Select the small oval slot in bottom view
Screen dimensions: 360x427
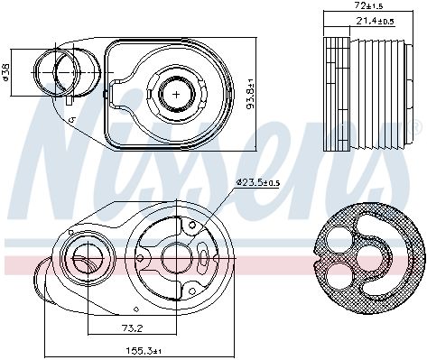tap(204, 263)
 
